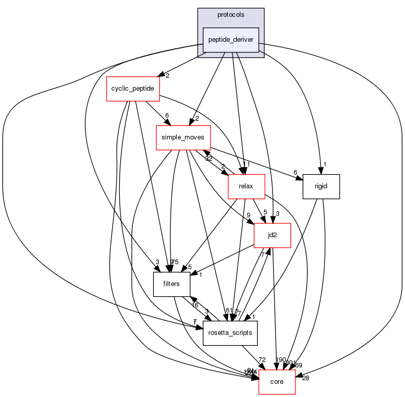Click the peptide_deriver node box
pos(231,40)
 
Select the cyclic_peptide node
pos(133,89)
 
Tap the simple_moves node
pos(176,137)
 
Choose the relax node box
pos(247,186)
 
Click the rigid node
pos(321,186)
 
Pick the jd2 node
pos(272,235)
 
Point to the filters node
pos(172,284)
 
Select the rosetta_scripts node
pos(230,333)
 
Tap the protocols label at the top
pos(231,15)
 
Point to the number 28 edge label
pos(305,378)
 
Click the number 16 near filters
pos(195,305)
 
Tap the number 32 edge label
pos(209,159)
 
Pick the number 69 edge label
pos(299,364)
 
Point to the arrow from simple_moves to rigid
pos(255,161)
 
